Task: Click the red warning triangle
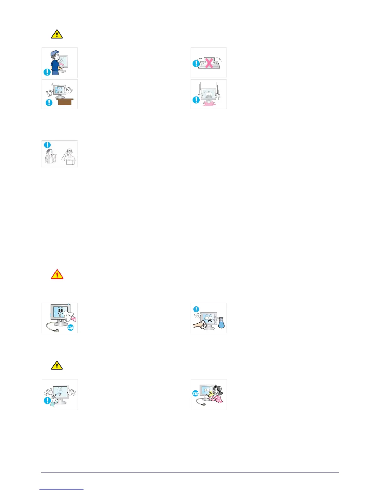click(x=57, y=274)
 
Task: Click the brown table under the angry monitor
click(x=65, y=102)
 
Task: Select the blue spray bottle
click(x=221, y=323)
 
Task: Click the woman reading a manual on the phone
click(x=51, y=156)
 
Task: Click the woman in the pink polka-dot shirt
click(x=219, y=396)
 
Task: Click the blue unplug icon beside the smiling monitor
click(x=71, y=327)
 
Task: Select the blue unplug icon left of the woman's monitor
click(x=196, y=394)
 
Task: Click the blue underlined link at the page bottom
click(x=61, y=489)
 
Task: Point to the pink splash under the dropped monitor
click(x=208, y=103)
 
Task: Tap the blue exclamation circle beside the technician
click(x=47, y=72)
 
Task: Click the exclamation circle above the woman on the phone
click(x=47, y=145)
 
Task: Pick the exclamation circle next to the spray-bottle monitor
click(x=196, y=309)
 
